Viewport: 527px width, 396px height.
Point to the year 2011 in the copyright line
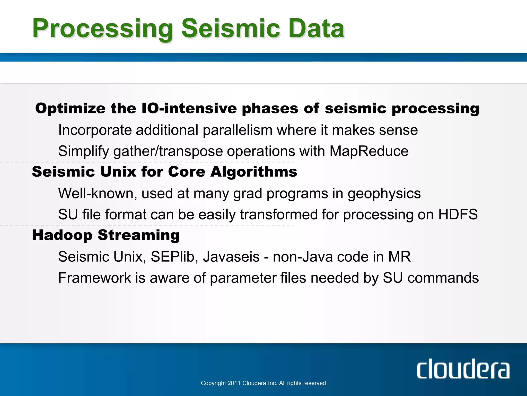tap(234, 383)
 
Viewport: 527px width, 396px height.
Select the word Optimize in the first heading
tap(70, 109)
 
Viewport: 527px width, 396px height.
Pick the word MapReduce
tap(369, 151)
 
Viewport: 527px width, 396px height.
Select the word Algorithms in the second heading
tap(253, 172)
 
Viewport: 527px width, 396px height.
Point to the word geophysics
tap(384, 194)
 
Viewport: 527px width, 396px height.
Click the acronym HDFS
tap(458, 214)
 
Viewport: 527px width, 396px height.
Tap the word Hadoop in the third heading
tap(62, 235)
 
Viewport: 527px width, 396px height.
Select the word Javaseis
tap(231, 257)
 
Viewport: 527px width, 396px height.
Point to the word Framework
tap(94, 278)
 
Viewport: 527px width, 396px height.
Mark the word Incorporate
tap(95, 130)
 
